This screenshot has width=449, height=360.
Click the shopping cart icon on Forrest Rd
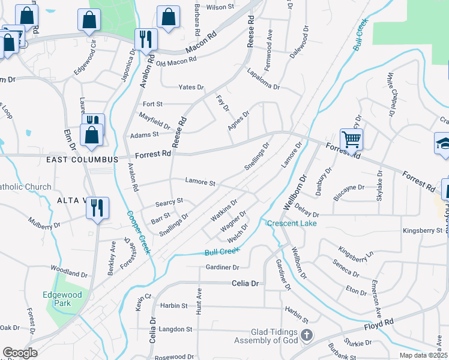351,140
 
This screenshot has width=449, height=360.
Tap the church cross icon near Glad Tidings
307,335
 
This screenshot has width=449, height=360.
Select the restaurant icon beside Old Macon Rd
146,40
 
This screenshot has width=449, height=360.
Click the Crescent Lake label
291,223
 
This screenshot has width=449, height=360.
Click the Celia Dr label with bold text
246,283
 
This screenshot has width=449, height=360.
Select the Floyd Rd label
379,326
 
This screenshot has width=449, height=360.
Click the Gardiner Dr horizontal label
223,267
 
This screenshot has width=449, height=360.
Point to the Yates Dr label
191,87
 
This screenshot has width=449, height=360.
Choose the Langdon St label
173,329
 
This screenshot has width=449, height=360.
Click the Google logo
20,353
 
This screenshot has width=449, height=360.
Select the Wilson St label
220,7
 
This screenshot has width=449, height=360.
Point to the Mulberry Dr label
44,222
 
